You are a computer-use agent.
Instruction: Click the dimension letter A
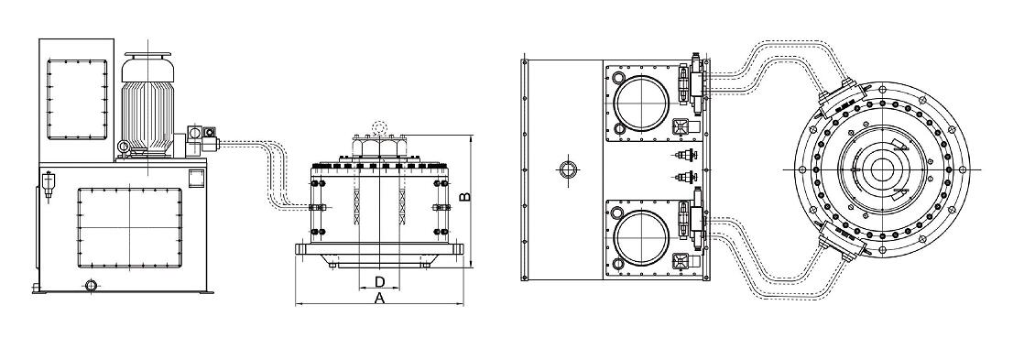(379, 299)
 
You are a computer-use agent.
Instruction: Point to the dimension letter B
(464, 197)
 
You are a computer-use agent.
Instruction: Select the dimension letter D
(379, 282)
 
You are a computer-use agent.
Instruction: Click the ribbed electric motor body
(147, 109)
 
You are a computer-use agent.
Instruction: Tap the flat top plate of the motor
(147, 54)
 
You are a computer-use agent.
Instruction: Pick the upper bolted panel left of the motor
(77, 99)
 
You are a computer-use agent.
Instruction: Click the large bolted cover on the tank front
(129, 228)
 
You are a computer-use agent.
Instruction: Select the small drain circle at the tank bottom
(91, 285)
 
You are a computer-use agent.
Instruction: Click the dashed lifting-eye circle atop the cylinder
(379, 127)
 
